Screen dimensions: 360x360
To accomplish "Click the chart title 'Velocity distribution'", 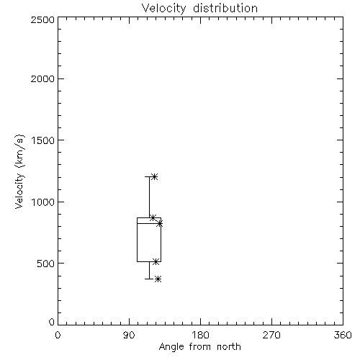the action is coord(199,8).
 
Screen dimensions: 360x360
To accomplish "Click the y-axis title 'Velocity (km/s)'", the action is coord(19,172).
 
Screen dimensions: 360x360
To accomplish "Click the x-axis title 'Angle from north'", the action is coord(200,347).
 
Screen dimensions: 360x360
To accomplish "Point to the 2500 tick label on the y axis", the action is coord(42,19).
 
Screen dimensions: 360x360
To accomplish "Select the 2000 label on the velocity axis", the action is coord(42,78).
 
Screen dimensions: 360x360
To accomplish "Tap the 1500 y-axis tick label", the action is coord(43,140).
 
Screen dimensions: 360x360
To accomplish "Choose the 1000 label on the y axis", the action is coord(43,202).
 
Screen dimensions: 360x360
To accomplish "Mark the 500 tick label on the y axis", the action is coord(46,264).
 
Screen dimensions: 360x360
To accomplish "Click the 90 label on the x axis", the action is coord(129,335).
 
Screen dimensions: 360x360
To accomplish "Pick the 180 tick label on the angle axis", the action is coord(200,335).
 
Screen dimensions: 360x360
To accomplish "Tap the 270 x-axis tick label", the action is coord(271,335).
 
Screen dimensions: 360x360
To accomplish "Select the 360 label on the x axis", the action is coord(343,335).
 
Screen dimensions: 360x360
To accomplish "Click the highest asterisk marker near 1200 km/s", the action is coord(154,177).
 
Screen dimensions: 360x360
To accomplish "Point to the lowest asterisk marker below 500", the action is coord(158,279).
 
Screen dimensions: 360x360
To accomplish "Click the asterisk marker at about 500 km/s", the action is coord(156,262).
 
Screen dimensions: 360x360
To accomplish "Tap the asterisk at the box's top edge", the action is coord(153,217).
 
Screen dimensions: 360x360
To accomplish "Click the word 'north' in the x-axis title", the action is coord(229,347).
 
